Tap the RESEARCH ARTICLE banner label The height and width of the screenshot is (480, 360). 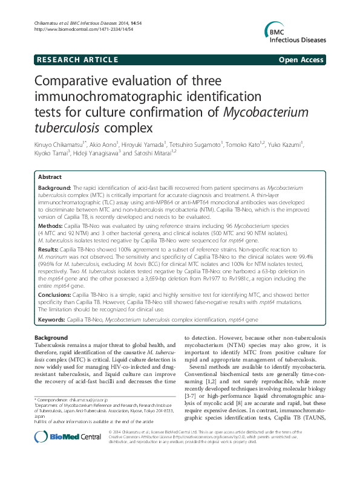tap(77, 59)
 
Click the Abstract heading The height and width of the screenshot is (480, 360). tap(50, 177)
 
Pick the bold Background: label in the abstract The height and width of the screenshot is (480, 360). tap(54, 189)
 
